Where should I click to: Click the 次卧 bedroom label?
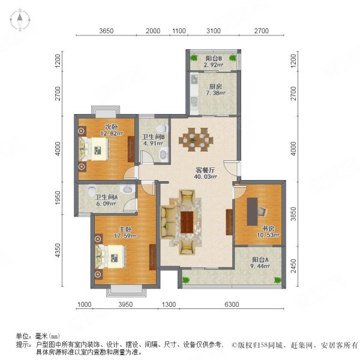112,127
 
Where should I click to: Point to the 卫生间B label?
152,138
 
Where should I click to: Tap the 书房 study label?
268,229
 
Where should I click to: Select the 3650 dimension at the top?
106,31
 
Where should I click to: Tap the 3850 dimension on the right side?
293,213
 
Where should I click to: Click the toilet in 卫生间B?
164,154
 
